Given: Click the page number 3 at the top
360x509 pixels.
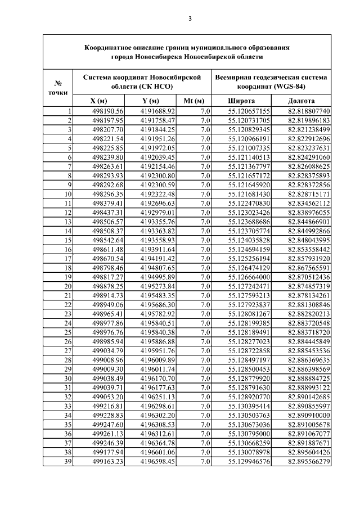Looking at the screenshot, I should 190,19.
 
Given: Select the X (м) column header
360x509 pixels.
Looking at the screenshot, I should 100,101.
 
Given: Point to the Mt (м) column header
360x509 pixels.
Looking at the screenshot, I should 193,101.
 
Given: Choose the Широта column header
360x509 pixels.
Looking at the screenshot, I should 241,101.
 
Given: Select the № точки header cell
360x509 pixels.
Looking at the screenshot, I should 58,87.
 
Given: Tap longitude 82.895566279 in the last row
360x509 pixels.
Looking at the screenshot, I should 309,462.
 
